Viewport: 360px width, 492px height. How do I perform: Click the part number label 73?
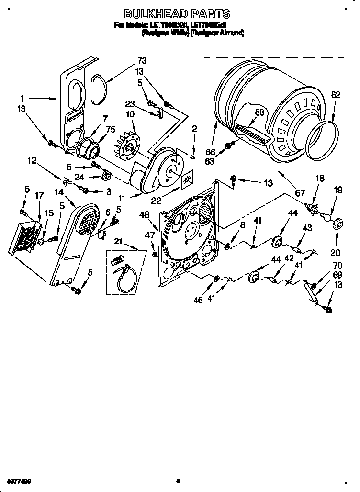click(141, 61)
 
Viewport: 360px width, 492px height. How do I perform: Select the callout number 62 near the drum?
click(336, 95)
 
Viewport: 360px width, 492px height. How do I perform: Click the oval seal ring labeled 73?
click(98, 90)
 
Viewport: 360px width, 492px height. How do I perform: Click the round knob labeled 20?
click(339, 224)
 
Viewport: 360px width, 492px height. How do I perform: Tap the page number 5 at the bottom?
click(178, 481)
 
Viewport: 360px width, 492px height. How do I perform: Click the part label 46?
click(199, 300)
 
